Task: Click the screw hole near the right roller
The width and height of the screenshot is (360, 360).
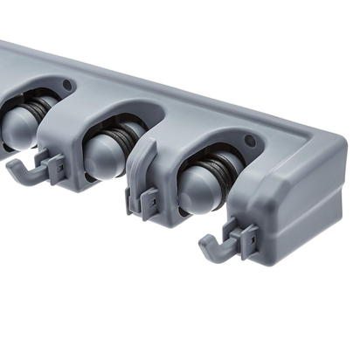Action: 252,141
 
